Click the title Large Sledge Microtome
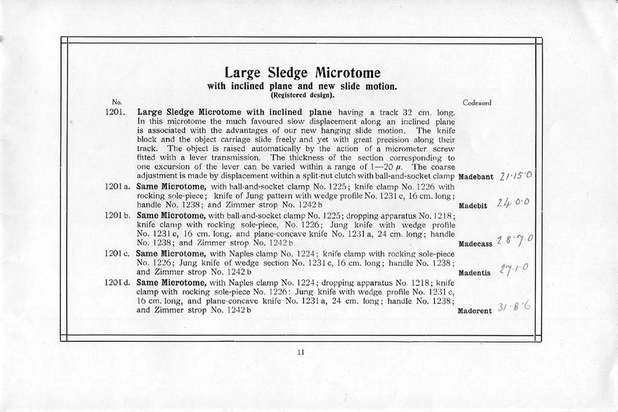coord(302,73)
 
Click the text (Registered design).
coord(302,95)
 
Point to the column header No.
coord(116,103)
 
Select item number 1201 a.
coord(118,187)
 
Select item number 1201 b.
coord(118,214)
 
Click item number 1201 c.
coord(118,254)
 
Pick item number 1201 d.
coord(118,282)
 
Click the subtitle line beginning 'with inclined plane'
coord(302,86)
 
